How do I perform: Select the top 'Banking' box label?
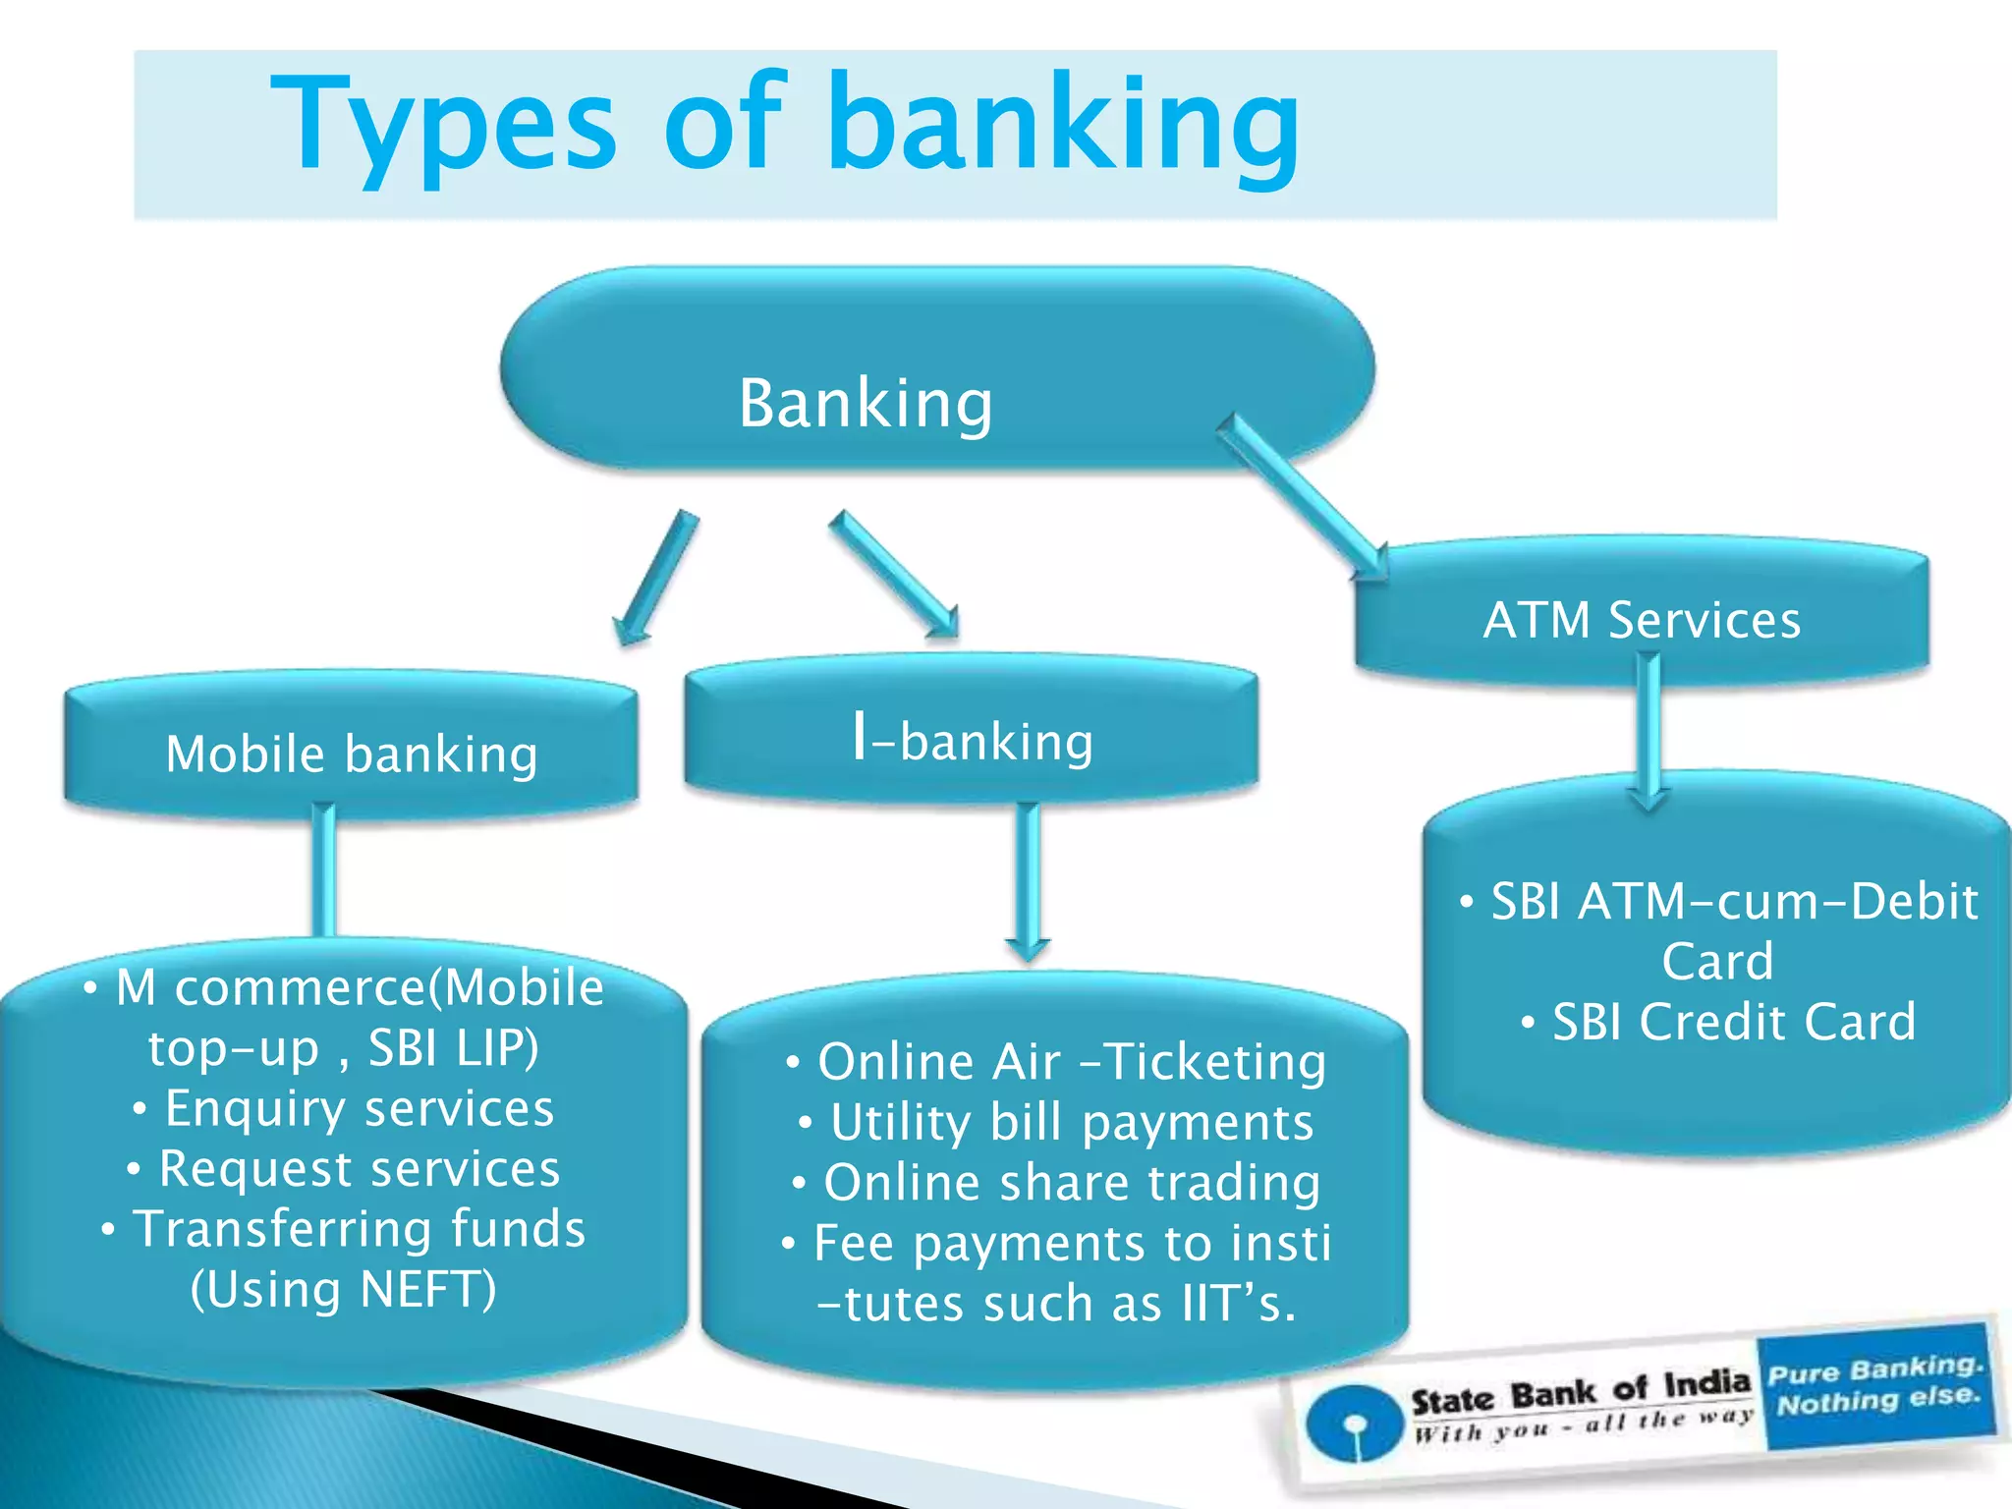point(865,403)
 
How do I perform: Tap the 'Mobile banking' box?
point(352,754)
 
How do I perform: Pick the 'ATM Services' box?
point(1642,620)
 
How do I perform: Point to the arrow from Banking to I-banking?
point(892,575)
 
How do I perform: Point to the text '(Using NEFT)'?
point(344,1289)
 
